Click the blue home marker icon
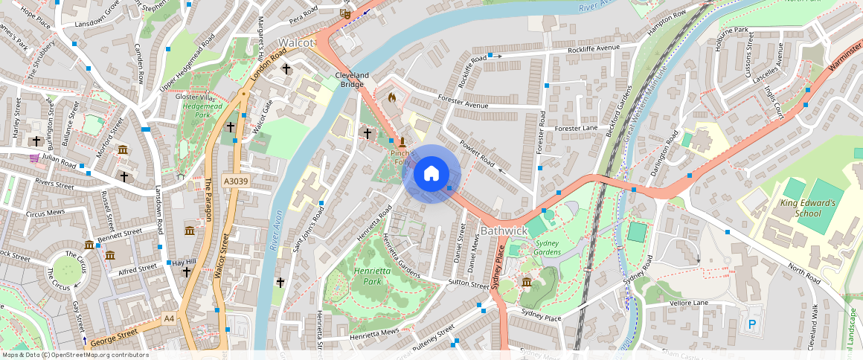click(x=431, y=174)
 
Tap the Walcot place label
click(x=297, y=42)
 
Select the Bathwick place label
click(x=504, y=231)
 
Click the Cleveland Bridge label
click(x=352, y=80)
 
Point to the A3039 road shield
click(x=235, y=181)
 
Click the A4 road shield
click(x=169, y=318)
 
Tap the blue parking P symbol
click(x=752, y=325)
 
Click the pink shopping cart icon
click(x=34, y=158)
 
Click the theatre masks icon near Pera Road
click(x=344, y=13)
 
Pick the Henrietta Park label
click(x=373, y=277)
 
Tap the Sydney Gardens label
click(x=547, y=248)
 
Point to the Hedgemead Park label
click(x=197, y=111)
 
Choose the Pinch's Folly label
click(x=402, y=157)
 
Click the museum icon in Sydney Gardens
click(x=527, y=282)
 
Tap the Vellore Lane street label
click(x=687, y=303)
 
